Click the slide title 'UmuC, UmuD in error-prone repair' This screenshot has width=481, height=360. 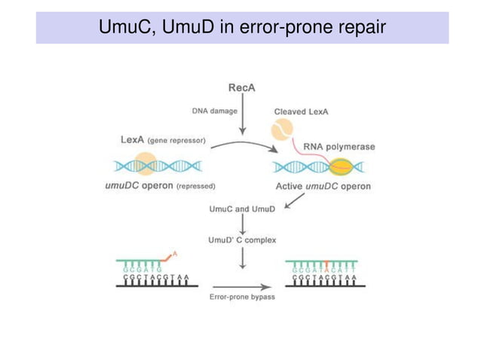tap(241, 28)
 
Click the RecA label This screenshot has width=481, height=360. tap(241, 87)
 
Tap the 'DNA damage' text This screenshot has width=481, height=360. tap(214, 111)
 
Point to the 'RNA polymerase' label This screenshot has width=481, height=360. tap(339, 146)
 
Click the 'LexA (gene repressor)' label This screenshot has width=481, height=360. tap(162, 139)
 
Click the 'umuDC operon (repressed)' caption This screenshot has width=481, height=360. tap(160, 185)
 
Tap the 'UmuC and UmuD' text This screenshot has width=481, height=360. tap(242, 209)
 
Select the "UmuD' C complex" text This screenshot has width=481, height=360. tap(242, 240)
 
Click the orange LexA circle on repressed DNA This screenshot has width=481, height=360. tap(145, 164)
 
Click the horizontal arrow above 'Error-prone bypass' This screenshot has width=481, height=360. tap(242, 286)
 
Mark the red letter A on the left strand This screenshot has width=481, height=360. tap(175, 254)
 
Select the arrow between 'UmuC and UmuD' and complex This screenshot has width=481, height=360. tap(242, 224)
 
